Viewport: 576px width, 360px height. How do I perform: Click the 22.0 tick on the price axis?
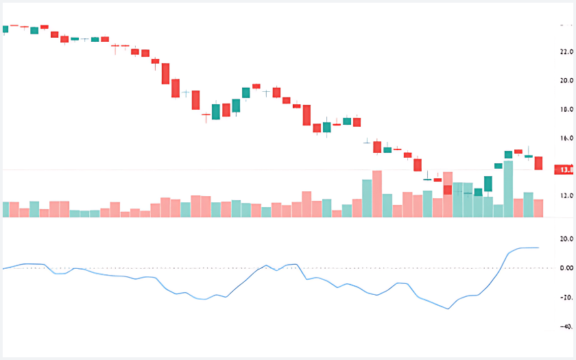pos(566,52)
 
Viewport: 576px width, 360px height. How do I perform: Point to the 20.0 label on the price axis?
pos(566,81)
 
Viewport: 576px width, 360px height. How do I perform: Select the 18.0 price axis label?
pos(566,110)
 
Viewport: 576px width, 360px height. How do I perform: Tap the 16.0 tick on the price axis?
pos(566,139)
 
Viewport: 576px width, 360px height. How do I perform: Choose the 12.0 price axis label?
pos(566,196)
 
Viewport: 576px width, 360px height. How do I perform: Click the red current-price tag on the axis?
pos(566,169)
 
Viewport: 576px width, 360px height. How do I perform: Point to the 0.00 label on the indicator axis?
pos(566,268)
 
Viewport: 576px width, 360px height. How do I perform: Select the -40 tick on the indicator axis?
pos(566,327)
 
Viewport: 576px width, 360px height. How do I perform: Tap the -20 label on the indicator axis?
pos(566,298)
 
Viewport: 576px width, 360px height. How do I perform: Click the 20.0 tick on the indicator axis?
pos(566,239)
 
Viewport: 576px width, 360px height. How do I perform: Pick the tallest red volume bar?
pos(377,194)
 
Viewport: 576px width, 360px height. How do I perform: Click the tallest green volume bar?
pos(508,189)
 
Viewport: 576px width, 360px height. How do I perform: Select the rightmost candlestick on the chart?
pos(538,163)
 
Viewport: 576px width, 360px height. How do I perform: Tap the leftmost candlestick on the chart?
pos(4,29)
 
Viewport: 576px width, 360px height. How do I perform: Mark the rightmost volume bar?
pos(538,208)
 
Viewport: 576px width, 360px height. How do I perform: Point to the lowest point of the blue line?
pos(448,309)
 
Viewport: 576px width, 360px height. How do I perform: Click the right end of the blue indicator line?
pos(538,248)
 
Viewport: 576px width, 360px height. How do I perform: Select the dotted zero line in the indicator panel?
pos(274,268)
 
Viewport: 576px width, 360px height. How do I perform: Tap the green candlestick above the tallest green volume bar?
pos(508,154)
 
